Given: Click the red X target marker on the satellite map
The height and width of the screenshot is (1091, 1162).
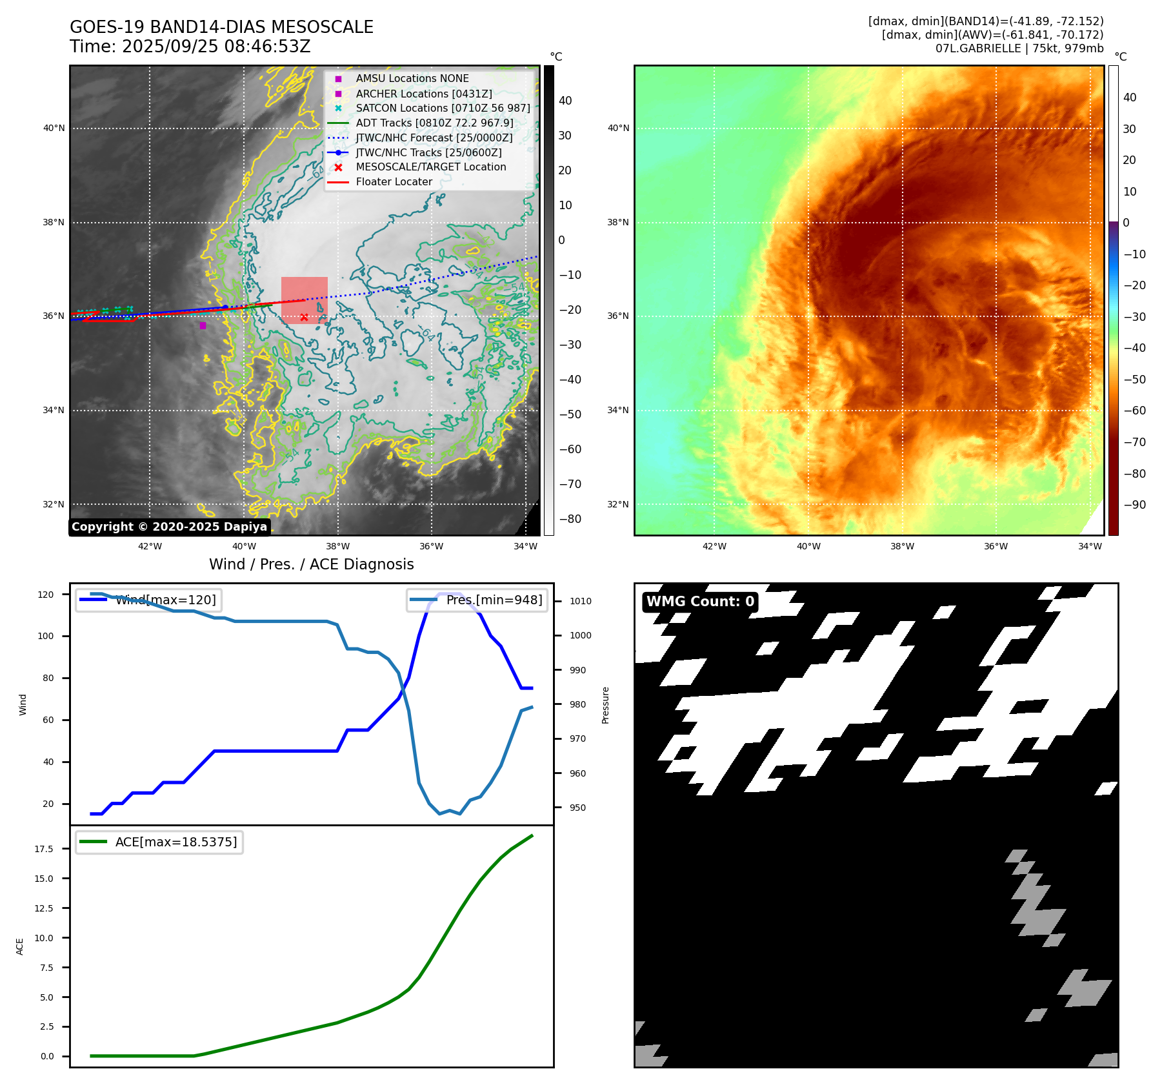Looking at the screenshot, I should [304, 317].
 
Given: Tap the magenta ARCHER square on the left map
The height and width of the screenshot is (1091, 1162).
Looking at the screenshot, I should [203, 325].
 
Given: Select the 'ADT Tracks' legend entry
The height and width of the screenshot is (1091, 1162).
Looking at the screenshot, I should [434, 123].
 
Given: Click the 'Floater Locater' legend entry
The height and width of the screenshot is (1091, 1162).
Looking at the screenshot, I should [394, 181].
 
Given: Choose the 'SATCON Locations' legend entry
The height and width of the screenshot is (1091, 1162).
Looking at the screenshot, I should [443, 108].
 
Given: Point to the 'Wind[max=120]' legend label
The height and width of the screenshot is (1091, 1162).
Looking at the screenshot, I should [165, 600].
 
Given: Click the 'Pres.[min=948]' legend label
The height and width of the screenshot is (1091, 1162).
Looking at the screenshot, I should [494, 600].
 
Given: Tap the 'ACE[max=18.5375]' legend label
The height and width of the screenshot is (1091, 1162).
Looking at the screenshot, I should [175, 842].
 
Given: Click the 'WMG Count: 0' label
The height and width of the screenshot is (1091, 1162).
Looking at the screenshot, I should [700, 601].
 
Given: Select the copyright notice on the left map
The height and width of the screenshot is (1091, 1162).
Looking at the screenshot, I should [169, 526].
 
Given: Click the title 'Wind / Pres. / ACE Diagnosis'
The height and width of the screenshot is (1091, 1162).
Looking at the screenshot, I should [311, 564].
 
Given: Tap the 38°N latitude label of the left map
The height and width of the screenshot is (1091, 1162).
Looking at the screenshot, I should [54, 222].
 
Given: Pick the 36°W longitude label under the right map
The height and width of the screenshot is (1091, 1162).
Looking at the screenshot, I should [996, 546].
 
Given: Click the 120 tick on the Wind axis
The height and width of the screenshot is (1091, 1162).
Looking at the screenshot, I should [46, 594].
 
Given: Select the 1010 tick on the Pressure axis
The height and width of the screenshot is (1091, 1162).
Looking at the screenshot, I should [580, 601].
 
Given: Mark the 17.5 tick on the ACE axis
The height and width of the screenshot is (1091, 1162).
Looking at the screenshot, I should [44, 848].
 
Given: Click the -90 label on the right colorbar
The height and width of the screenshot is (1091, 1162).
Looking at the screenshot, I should [1134, 504].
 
